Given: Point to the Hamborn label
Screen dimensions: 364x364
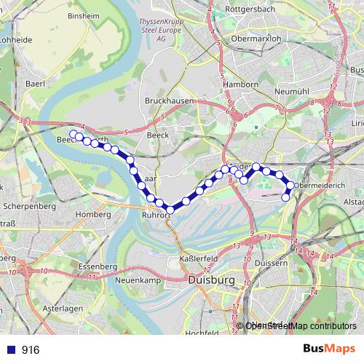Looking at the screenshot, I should [x=242, y=84].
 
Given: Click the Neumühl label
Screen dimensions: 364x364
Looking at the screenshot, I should [x=294, y=92].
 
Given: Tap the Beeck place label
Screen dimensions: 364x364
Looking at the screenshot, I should [x=157, y=135].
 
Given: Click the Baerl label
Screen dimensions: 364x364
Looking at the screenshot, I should [x=35, y=84].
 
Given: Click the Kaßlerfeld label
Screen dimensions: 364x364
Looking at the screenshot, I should [x=194, y=259].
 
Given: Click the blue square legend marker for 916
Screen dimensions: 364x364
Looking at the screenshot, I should [x=10, y=349].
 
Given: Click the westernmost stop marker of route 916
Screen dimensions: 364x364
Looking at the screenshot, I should [x=73, y=135].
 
